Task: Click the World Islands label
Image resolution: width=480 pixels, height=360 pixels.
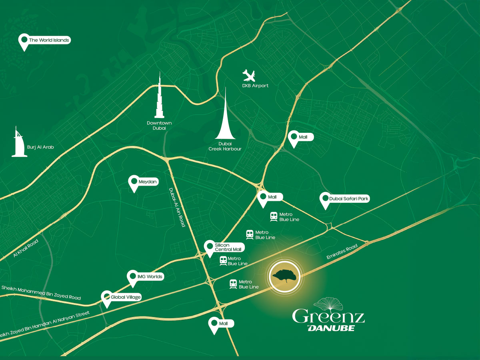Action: (x=48, y=40)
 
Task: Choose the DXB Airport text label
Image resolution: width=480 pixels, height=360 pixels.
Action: (x=255, y=86)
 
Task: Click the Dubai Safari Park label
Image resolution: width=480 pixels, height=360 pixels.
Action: (x=348, y=198)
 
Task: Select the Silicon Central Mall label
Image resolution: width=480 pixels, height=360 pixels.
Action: (x=228, y=247)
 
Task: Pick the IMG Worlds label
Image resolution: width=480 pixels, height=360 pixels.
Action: (x=149, y=276)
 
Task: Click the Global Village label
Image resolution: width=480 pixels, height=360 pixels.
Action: (x=126, y=297)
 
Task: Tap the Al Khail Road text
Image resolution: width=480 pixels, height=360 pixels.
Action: (x=26, y=248)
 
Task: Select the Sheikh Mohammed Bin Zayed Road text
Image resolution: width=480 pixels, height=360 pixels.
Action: (x=41, y=292)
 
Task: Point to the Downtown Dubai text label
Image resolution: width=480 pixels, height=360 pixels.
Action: (x=159, y=126)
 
